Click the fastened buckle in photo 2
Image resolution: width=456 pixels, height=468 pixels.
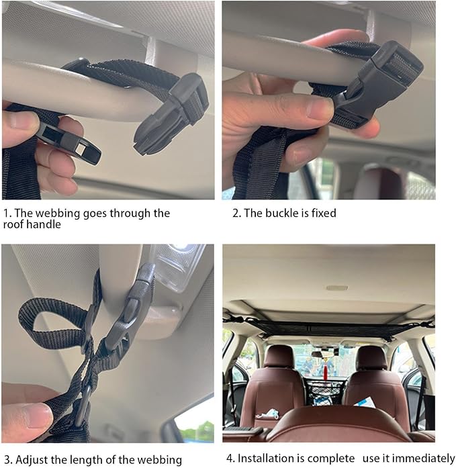[373, 87]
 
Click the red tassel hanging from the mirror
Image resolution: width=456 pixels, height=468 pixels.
[325, 368]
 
